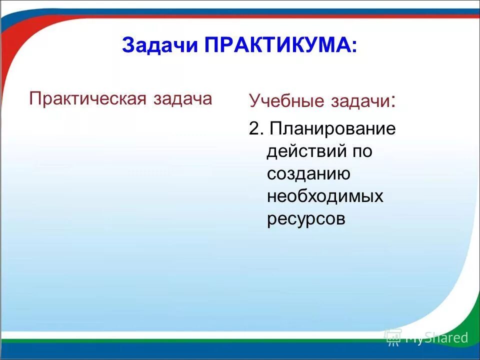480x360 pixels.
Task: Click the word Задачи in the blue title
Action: tap(160, 45)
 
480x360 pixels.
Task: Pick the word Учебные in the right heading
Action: tap(286, 101)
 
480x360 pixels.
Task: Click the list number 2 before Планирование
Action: tap(255, 128)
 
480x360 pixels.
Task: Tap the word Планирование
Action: tap(332, 129)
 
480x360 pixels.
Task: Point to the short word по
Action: tap(361, 151)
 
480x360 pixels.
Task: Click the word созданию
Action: tap(307, 173)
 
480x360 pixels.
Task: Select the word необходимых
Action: tap(325, 196)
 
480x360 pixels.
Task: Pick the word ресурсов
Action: tap(306, 219)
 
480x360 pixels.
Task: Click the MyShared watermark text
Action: tap(436, 338)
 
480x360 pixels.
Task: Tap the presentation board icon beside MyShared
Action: tap(393, 337)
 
